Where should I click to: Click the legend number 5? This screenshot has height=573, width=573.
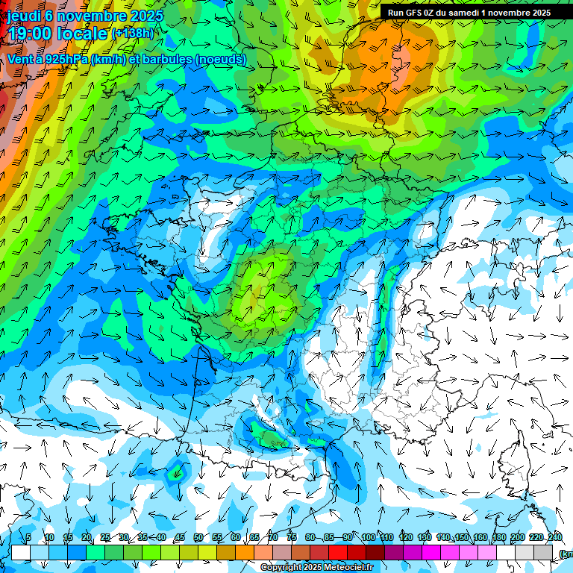(x=28, y=538)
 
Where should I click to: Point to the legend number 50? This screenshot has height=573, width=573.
(x=198, y=538)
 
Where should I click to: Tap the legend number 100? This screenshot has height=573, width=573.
(x=369, y=538)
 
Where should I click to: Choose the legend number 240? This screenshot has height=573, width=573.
(x=555, y=538)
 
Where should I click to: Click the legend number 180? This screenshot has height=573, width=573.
(x=499, y=538)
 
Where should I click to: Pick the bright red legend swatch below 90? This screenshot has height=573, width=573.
(x=338, y=552)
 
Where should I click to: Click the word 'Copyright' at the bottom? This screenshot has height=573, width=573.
(x=283, y=568)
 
